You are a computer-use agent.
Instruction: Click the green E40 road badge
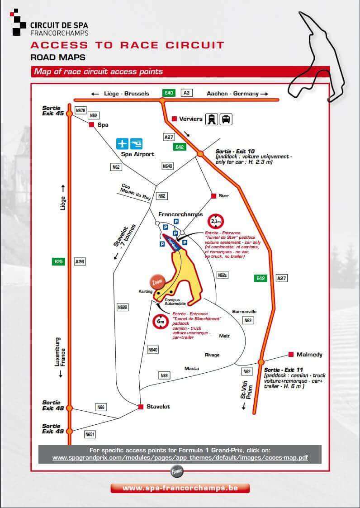[x=169, y=93]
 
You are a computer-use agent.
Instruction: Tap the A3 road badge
[x=186, y=93]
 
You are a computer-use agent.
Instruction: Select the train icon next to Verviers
[x=211, y=119]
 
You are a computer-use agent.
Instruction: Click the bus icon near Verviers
[x=226, y=119]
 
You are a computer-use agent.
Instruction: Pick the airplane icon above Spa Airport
[x=122, y=143]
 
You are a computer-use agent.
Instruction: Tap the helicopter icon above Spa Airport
[x=136, y=143]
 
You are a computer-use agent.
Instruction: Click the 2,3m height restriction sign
[x=215, y=222]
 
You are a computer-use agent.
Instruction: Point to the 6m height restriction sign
[x=161, y=322]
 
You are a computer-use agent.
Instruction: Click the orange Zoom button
[x=157, y=281]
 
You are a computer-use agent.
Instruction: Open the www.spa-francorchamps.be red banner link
[x=180, y=488]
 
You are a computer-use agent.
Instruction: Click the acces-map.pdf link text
[x=180, y=457]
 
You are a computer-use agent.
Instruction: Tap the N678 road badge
[x=81, y=110]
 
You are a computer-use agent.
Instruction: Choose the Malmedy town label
[x=309, y=355]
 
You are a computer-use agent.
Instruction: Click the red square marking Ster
[x=213, y=196]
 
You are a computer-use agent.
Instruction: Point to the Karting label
[x=146, y=292]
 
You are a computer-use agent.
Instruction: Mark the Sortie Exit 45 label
[x=53, y=110]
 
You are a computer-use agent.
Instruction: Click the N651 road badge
[x=90, y=434]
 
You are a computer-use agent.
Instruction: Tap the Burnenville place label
[x=244, y=311]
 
